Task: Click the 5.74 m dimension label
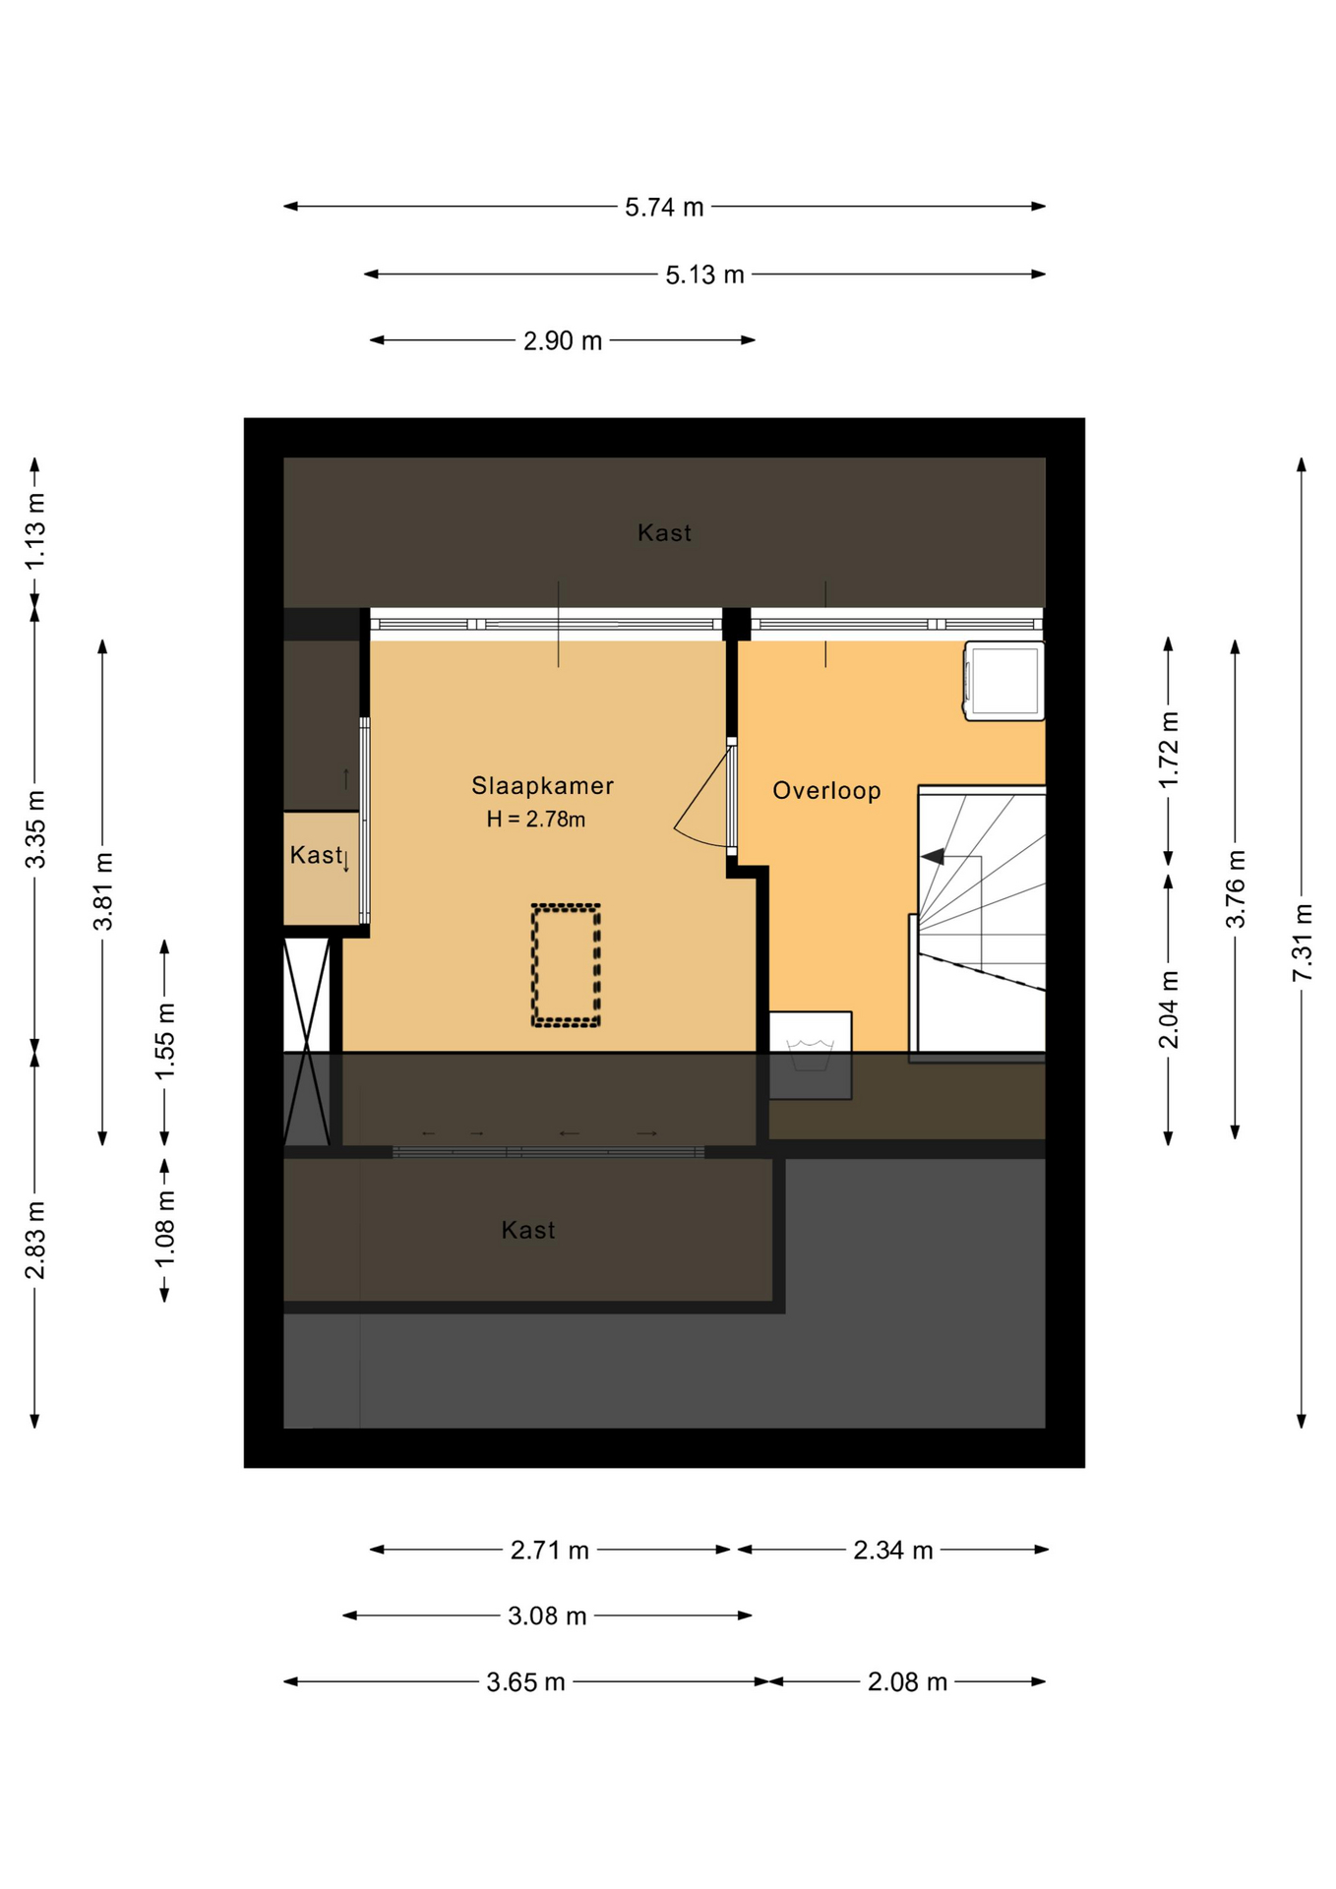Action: point(664,208)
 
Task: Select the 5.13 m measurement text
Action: point(704,275)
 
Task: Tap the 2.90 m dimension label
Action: point(562,341)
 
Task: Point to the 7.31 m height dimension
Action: point(1302,942)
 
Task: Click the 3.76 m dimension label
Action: point(1235,888)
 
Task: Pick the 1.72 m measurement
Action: point(1168,750)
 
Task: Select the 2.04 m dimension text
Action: point(1168,1009)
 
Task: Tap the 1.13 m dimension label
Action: point(34,530)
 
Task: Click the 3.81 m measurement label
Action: point(102,891)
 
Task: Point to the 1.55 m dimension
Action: point(164,1041)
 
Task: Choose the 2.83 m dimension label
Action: point(34,1241)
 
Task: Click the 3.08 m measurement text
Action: point(547,1616)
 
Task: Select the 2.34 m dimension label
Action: point(892,1551)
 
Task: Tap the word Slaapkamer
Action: point(542,786)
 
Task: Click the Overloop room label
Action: point(826,791)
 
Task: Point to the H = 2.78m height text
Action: point(536,820)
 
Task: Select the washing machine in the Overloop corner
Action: point(1003,681)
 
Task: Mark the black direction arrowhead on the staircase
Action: point(933,857)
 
